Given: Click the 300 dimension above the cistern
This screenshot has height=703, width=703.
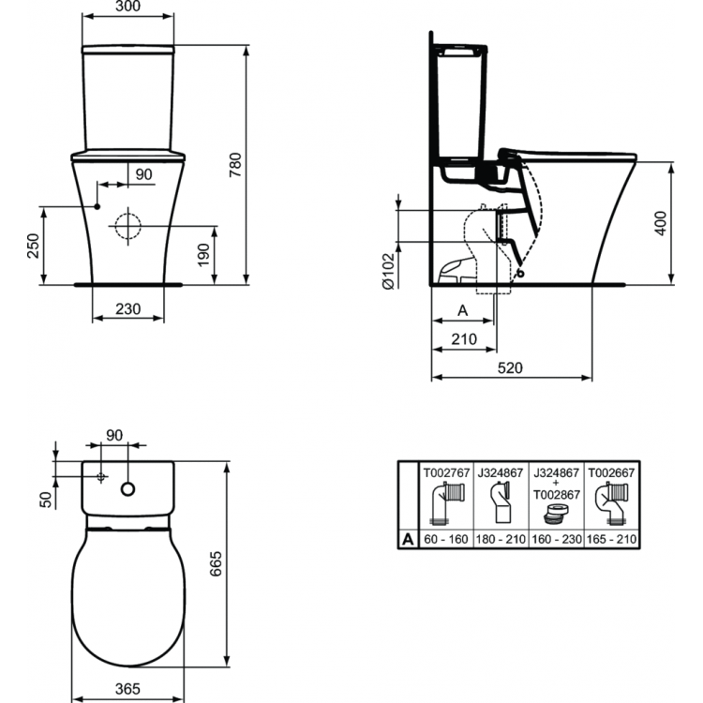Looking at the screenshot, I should point(128,7).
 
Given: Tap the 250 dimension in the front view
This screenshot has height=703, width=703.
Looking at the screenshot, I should point(33,246).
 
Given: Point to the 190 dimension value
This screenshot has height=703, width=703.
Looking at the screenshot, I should point(205,253).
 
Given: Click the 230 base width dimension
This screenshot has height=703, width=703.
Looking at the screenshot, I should point(127,308).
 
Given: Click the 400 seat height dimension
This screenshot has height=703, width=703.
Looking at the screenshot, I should point(662,221).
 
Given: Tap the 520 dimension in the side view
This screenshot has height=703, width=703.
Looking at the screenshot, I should point(510,367).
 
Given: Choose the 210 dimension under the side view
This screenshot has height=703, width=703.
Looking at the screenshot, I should point(464,338).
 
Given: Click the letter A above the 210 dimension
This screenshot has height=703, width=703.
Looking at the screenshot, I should point(461,309).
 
